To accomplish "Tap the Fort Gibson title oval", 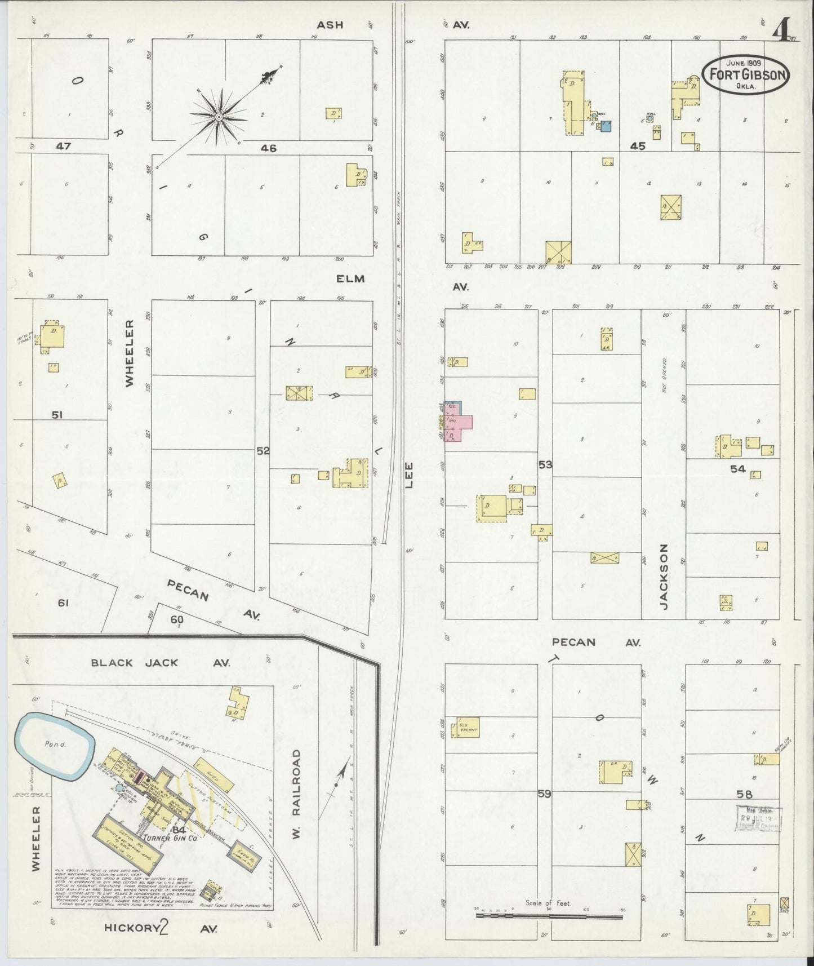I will pos(746,74).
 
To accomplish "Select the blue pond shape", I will pos(54,747).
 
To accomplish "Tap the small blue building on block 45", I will pos(606,126).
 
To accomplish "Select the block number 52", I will pos(263,450).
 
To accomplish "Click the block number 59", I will pos(544,794).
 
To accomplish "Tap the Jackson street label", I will pos(664,576).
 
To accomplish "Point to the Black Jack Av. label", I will pos(161,663).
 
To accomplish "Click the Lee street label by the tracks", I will pos(408,475).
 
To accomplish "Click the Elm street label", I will pos(350,278).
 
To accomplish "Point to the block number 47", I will pos(63,146).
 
